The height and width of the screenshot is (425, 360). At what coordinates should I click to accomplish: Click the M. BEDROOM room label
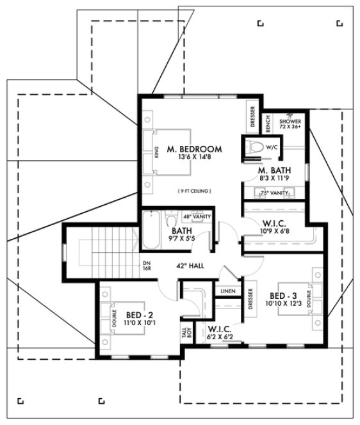pyautogui.click(x=194, y=149)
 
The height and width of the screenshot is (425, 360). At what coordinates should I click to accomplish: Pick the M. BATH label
pyautogui.click(x=275, y=171)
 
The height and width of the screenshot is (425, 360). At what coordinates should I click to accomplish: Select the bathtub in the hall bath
pyautogui.click(x=151, y=230)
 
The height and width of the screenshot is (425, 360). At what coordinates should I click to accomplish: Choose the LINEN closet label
pyautogui.click(x=227, y=292)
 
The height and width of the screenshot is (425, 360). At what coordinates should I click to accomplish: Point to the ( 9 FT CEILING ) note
pyautogui.click(x=194, y=191)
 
